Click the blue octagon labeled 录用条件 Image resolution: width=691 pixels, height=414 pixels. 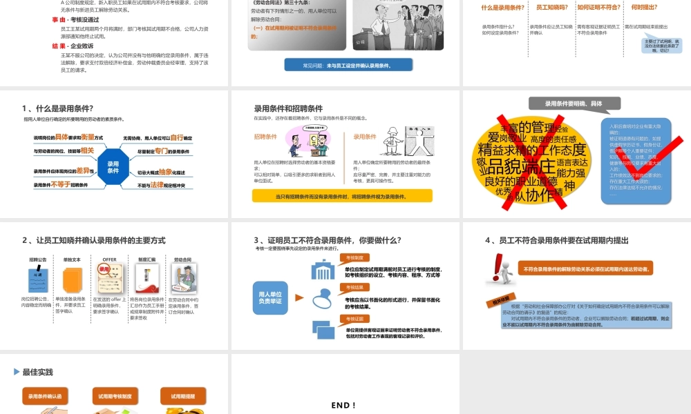tap(113, 166)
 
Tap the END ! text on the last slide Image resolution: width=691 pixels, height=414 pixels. tap(343, 405)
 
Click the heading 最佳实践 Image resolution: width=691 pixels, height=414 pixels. tap(37, 372)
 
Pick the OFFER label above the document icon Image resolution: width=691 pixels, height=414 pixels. tap(109, 259)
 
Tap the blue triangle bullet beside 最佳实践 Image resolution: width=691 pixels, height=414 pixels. tap(17, 372)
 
